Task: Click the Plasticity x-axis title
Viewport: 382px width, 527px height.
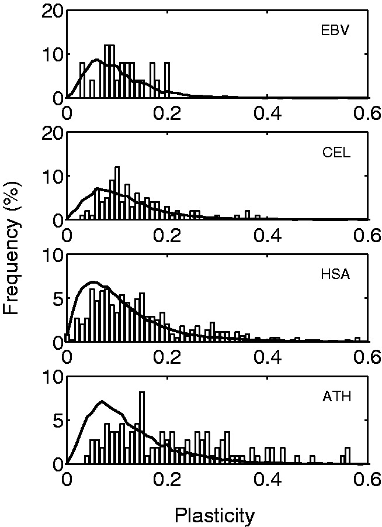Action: tap(214, 515)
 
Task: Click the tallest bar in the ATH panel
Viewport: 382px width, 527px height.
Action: tap(142, 428)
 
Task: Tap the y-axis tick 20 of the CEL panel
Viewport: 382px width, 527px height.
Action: tap(51, 133)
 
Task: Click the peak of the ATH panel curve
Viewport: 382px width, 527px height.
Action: tap(102, 401)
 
